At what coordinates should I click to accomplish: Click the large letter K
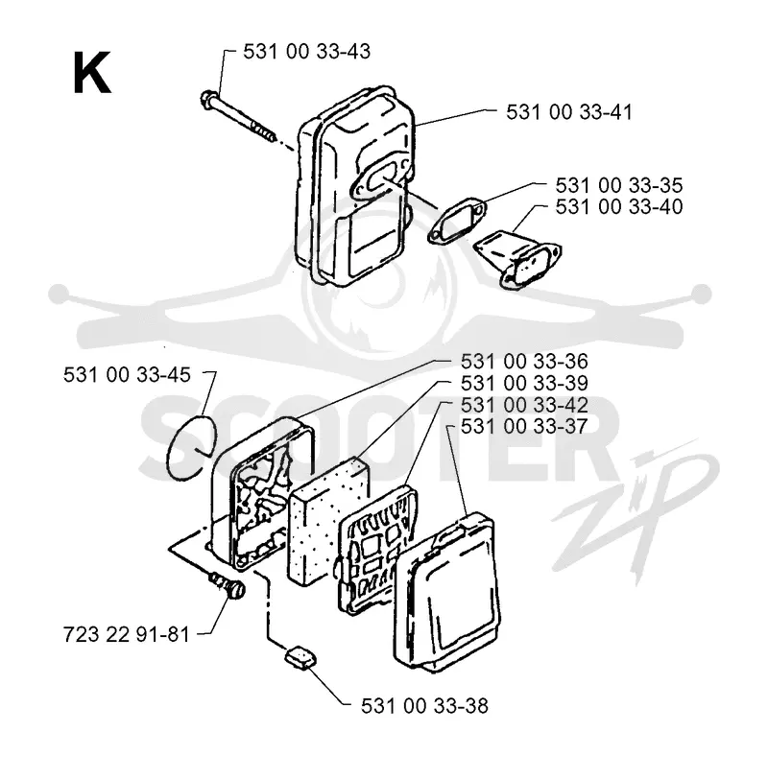92,73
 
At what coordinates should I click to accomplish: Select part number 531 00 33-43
306,51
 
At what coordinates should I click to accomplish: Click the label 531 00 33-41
569,112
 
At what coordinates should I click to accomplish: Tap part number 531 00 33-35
619,185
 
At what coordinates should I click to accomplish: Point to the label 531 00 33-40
619,206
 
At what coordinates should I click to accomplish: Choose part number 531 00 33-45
127,374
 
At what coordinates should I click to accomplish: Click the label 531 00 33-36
524,361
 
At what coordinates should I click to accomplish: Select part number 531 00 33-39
524,383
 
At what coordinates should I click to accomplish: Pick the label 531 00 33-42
524,405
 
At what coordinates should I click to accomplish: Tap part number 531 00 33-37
524,426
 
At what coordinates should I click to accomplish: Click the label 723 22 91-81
127,634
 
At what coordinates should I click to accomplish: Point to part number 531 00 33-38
424,705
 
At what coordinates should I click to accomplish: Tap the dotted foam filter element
326,518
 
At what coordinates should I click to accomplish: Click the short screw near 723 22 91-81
228,585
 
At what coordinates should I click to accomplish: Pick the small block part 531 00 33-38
300,657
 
